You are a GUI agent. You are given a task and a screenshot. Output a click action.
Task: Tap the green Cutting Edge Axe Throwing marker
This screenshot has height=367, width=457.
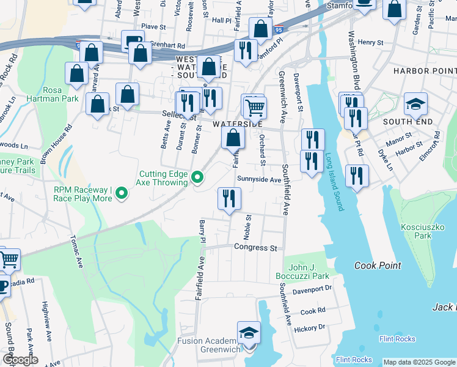point(197,178)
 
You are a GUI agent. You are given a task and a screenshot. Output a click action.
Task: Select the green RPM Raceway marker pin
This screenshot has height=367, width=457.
point(122,194)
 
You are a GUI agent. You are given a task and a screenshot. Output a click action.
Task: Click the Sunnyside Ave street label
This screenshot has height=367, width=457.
point(259,180)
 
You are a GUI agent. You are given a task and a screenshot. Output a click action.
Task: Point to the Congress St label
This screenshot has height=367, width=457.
point(255,248)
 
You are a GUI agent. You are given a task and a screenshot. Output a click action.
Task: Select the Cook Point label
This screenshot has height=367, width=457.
point(378,265)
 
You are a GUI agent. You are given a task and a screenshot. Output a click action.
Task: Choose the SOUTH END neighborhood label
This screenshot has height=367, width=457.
point(403,122)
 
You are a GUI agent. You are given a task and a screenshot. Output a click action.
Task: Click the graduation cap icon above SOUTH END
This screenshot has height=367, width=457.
point(415,103)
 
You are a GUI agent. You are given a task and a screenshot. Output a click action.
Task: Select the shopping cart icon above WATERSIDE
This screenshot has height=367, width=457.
point(254,107)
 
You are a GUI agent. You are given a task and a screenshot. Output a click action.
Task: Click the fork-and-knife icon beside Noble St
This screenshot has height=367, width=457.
point(229,198)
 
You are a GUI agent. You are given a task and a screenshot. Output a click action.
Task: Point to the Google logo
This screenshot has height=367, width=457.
point(20,360)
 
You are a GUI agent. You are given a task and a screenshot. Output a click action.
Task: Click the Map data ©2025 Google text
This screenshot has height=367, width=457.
point(419,362)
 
